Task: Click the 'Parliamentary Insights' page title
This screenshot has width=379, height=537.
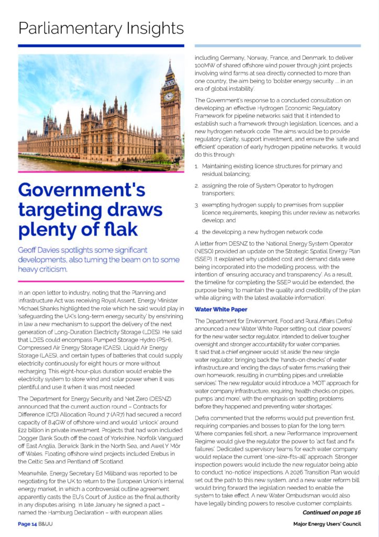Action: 101,27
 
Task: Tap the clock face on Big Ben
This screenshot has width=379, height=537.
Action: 169,97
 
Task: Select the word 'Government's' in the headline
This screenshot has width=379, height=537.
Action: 81,189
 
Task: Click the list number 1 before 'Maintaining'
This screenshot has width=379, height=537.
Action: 197,166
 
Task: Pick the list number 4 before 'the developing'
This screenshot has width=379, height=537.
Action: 197,232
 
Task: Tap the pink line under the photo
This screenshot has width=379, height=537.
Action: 101,171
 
